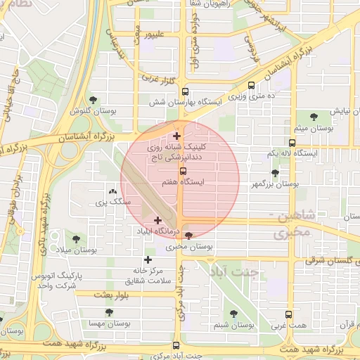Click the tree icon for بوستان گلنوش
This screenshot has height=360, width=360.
pyautogui.click(x=94, y=100)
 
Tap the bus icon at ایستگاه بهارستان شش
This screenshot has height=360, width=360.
pyautogui.click(x=186, y=91)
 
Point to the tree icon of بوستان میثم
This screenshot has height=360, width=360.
pyautogui.click(x=314, y=117)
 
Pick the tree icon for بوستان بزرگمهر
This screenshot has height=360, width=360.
pyautogui.click(x=275, y=173)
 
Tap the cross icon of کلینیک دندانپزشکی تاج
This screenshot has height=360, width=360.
pyautogui.click(x=176, y=136)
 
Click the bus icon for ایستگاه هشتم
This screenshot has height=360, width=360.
pyautogui.click(x=184, y=170)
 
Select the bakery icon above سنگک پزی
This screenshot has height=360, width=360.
pyautogui.click(x=112, y=191)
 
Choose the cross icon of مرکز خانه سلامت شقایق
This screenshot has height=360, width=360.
pyautogui.click(x=148, y=259)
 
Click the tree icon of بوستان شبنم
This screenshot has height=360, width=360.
pyautogui.click(x=233, y=314)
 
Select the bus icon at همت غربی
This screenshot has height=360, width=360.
pyautogui.click(x=288, y=316)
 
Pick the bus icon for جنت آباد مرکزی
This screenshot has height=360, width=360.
pyautogui.click(x=176, y=345)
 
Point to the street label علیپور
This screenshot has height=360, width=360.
pyautogui.click(x=154, y=33)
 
